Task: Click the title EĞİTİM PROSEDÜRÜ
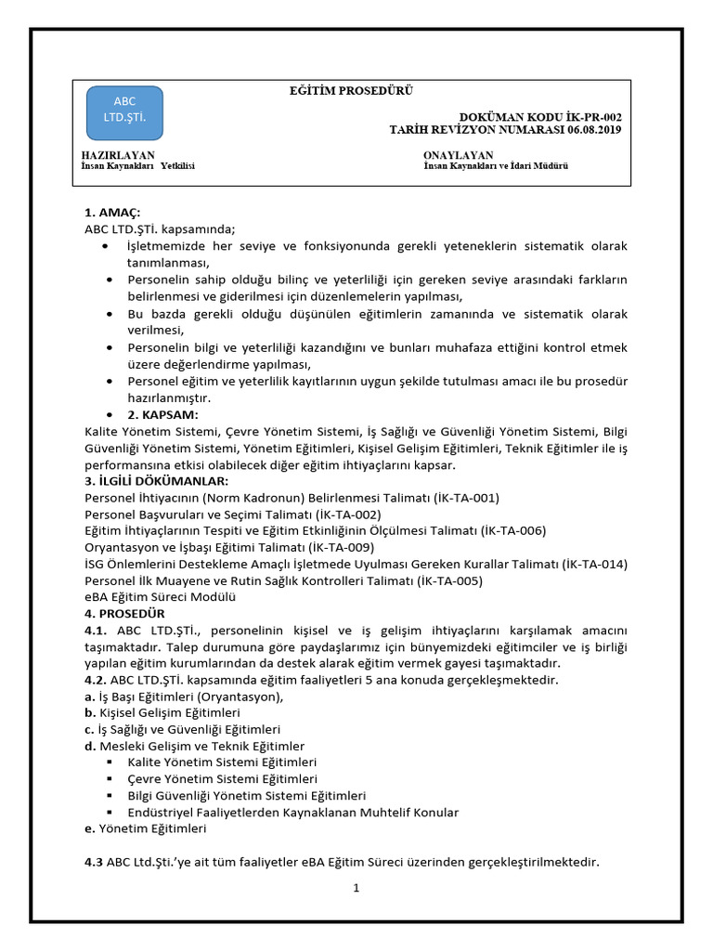352,90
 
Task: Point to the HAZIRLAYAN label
118,154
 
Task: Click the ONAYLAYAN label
458,154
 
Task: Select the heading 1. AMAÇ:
112,213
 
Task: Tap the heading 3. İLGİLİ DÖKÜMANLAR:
156,480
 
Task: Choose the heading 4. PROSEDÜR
124,614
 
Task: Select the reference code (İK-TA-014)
588,564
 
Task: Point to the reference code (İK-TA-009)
341,547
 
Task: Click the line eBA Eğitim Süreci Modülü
160,597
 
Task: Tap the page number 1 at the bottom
356,888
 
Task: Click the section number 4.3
93,862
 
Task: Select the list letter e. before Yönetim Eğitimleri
89,828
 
